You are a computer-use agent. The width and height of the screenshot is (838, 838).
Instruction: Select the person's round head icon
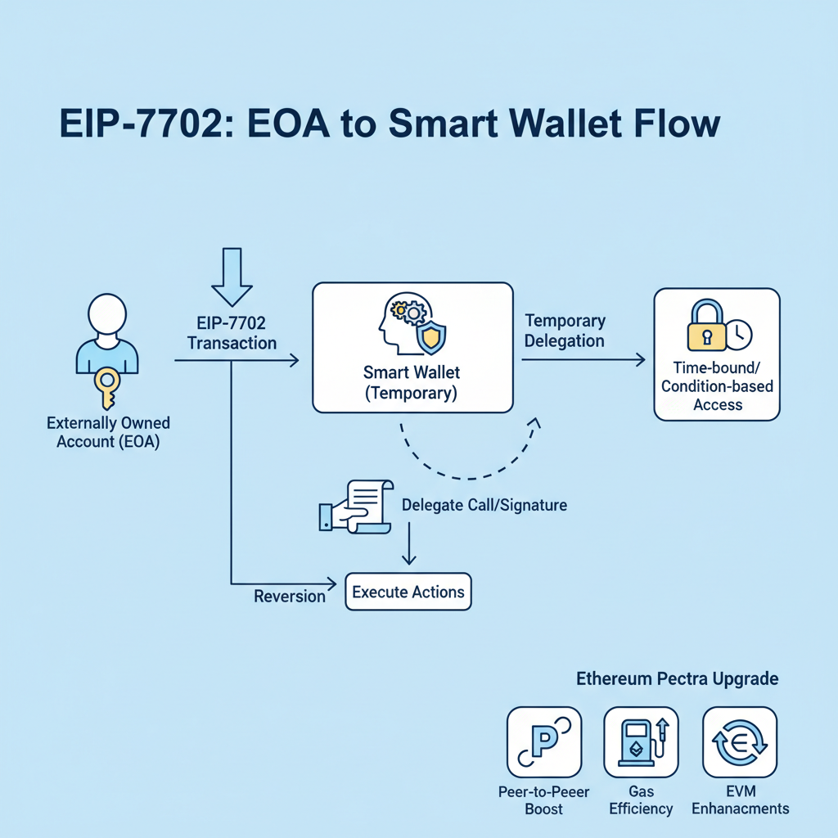tap(107, 313)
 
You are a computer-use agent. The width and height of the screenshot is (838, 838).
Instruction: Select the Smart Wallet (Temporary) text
tap(412, 382)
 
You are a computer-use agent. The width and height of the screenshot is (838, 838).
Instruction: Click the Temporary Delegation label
tap(565, 331)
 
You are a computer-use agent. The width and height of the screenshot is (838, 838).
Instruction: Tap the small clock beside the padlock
tap(740, 332)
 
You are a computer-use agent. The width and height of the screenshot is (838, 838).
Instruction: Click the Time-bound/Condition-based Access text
tap(717, 385)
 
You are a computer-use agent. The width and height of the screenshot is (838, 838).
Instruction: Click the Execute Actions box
tap(408, 592)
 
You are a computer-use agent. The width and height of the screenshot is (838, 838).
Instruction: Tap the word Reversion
tap(290, 596)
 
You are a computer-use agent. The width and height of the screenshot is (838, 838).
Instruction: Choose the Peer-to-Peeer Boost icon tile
tap(544, 741)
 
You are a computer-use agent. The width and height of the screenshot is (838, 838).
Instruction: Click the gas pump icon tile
tap(641, 741)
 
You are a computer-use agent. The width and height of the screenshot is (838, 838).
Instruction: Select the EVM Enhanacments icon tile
tap(740, 741)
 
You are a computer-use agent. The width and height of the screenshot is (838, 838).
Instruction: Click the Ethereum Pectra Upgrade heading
tap(677, 679)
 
